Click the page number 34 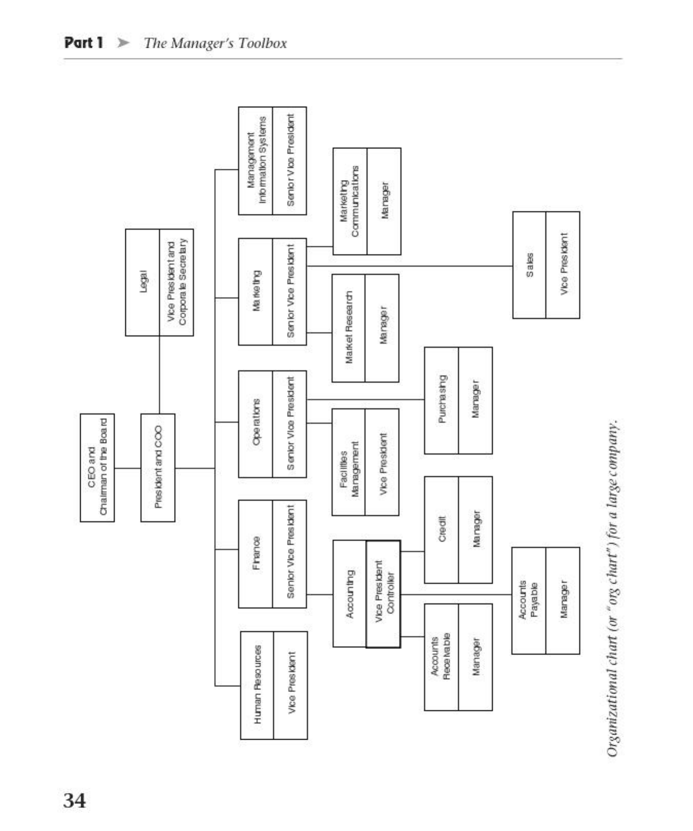(x=74, y=800)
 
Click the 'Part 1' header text (x=84, y=43)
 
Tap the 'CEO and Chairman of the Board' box (x=97, y=467)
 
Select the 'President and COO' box (x=158, y=467)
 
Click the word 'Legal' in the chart (x=143, y=282)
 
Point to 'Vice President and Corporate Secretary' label (x=177, y=282)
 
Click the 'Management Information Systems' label (x=256, y=160)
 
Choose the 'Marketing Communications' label (x=350, y=201)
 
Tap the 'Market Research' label (x=349, y=328)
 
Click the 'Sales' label (x=529, y=265)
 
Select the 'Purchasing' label (x=441, y=400)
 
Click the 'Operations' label (x=256, y=424)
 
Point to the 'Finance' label (x=256, y=553)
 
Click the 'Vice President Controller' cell (x=383, y=593)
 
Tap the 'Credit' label (x=441, y=529)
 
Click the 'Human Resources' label (x=257, y=685)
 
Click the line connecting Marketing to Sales (x=411, y=266)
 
